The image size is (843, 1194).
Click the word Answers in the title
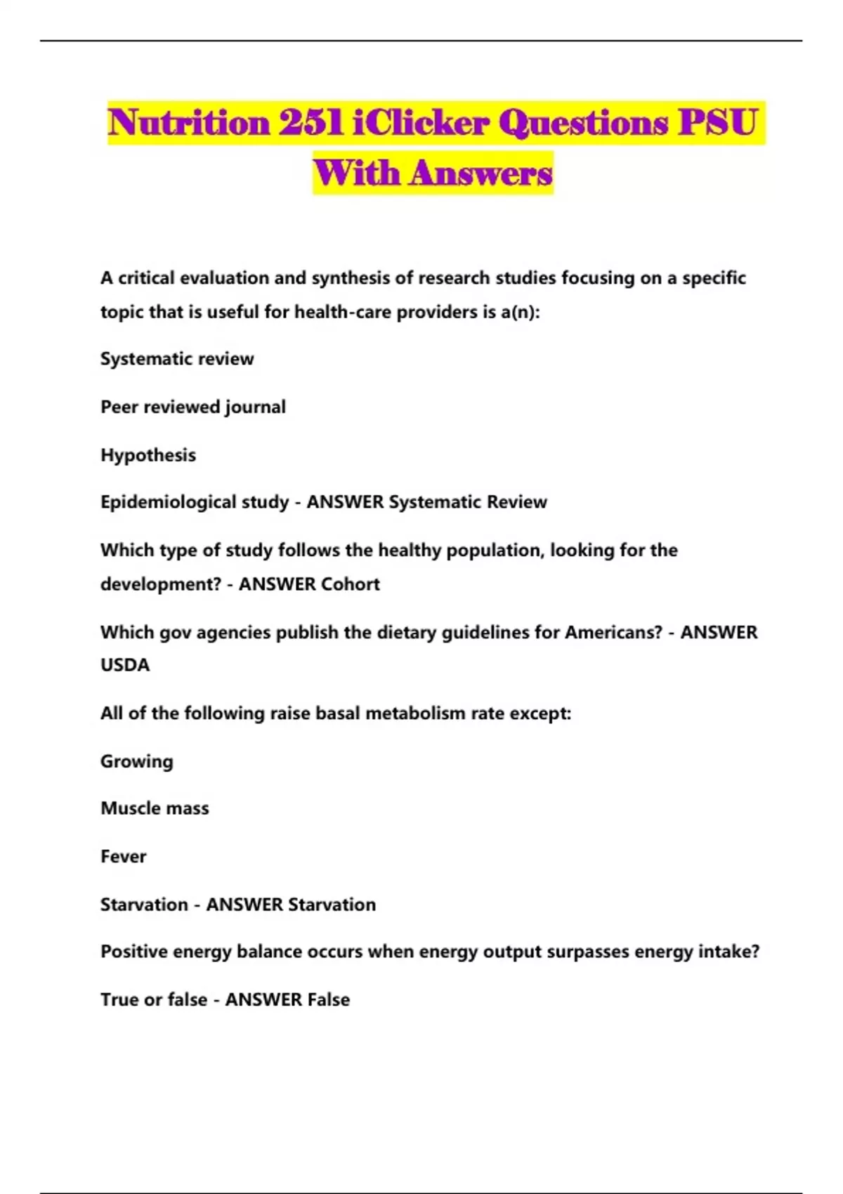click(x=481, y=173)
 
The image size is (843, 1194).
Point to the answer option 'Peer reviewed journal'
click(x=193, y=407)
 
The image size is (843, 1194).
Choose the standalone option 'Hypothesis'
click(x=148, y=455)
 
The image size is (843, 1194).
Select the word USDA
click(x=125, y=665)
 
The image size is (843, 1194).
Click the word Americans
click(x=613, y=632)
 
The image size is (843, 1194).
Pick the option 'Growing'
click(x=137, y=761)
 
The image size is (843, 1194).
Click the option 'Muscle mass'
click(x=155, y=808)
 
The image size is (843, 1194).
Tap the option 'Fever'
click(x=124, y=856)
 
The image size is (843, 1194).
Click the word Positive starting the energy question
click(x=133, y=952)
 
